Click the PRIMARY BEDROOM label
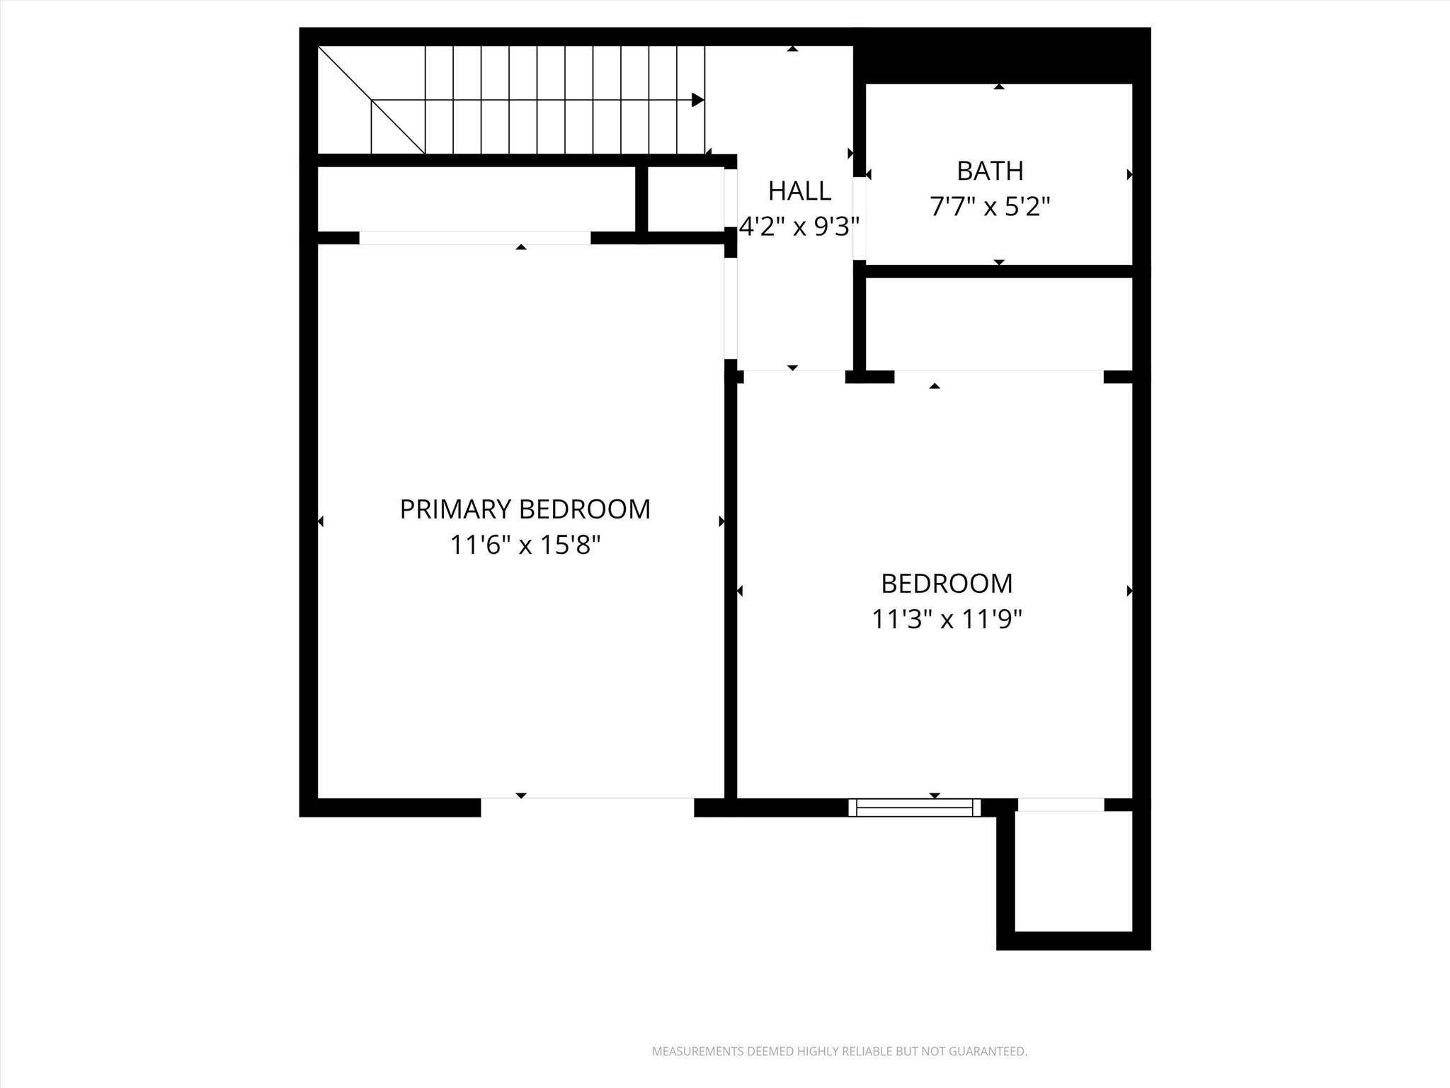coord(525,509)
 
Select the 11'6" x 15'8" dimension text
coord(525,545)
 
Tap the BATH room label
coord(990,171)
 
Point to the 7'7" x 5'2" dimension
coord(990,207)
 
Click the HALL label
coord(799,191)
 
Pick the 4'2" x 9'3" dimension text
coord(799,227)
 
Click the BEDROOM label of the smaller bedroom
coord(947,584)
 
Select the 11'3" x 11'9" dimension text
coord(947,620)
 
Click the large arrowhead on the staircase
coord(697,100)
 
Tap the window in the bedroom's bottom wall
coord(914,807)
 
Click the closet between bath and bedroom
coord(998,323)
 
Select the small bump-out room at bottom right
coord(1073,871)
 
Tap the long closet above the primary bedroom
coord(476,199)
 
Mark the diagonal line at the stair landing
coord(371,100)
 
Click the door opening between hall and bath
coord(859,218)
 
